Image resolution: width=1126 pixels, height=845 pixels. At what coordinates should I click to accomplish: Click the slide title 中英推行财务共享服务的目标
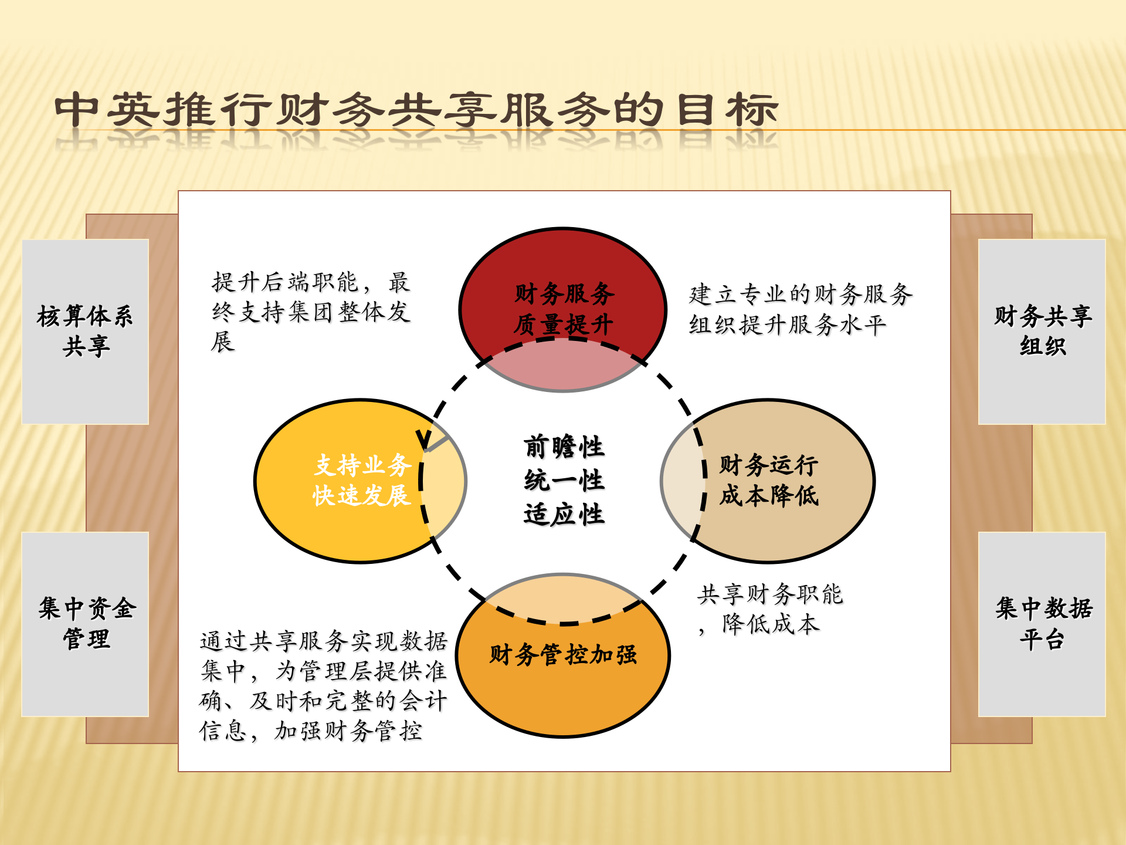(416, 110)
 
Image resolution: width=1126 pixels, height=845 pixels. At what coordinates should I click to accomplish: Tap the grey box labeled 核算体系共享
(85, 331)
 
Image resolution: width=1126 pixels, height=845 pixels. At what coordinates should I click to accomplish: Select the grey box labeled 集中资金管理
(85, 623)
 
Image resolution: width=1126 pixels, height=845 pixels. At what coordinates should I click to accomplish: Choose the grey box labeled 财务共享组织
(1042, 331)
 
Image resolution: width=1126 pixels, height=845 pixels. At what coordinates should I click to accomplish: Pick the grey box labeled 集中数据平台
(1042, 623)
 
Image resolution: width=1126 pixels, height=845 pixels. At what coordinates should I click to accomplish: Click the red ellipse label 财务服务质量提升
(564, 309)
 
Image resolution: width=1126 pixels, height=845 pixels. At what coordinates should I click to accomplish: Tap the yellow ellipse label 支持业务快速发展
(362, 480)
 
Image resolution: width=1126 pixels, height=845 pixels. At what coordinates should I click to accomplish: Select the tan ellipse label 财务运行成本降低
(768, 480)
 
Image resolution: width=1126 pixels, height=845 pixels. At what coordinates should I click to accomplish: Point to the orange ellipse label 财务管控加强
(563, 654)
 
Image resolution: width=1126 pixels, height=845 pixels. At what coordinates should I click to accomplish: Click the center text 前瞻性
(564, 447)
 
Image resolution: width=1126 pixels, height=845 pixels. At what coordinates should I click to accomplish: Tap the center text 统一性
(564, 481)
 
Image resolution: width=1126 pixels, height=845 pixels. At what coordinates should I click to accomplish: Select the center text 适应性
(564, 515)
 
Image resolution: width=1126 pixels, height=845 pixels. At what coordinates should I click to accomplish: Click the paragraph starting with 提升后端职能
(311, 312)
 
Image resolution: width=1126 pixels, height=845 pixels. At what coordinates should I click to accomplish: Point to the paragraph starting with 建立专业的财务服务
(801, 309)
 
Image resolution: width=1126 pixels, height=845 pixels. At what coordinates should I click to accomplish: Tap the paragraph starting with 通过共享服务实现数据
(323, 685)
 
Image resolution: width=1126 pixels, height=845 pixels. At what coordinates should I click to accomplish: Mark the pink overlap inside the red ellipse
(563, 367)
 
